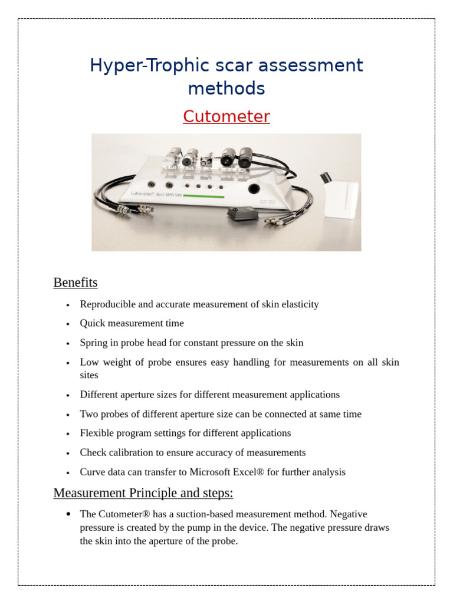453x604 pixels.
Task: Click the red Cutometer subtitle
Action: coord(226,117)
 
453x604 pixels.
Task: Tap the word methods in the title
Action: coord(226,88)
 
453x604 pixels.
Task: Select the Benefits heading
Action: coord(75,283)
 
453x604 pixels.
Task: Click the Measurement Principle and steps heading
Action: coord(143,493)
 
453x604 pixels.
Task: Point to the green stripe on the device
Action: coord(204,196)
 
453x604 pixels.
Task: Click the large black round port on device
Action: coord(254,189)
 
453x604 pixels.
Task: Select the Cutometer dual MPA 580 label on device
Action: coord(155,193)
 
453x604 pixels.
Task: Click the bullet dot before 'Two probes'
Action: coord(68,415)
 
